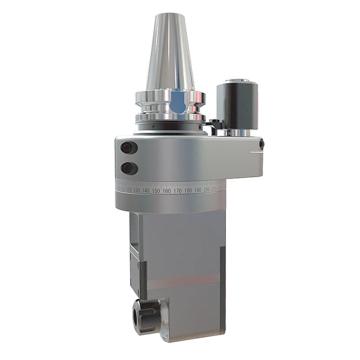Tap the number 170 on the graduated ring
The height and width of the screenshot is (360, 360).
pos(177,191)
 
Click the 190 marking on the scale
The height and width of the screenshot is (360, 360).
pos(198,190)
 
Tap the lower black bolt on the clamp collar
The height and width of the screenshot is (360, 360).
pos(127,167)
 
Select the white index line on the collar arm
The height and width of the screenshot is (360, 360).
pos(256,152)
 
